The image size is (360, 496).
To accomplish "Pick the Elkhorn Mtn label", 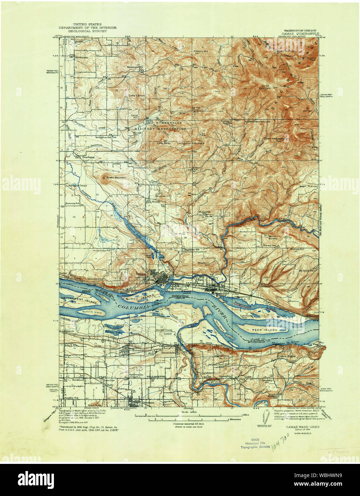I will [x=200, y=51].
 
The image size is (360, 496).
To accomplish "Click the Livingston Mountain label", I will [x=191, y=143].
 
